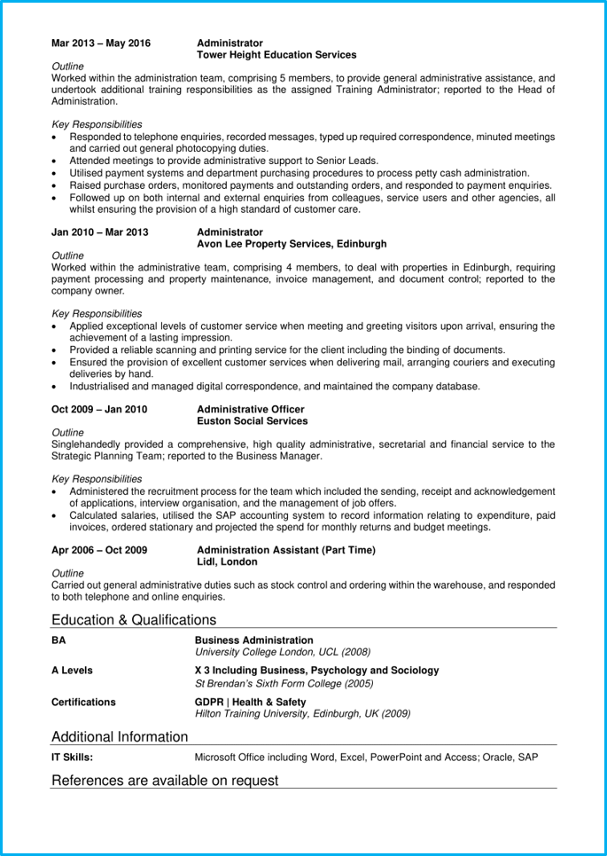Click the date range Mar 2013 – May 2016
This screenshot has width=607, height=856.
click(x=101, y=43)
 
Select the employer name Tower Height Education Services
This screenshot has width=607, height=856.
click(x=276, y=55)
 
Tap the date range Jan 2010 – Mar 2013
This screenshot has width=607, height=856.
click(x=100, y=232)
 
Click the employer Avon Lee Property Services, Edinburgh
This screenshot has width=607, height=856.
click(x=292, y=244)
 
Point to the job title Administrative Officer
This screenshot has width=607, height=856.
click(x=251, y=409)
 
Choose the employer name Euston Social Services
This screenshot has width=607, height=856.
click(x=253, y=421)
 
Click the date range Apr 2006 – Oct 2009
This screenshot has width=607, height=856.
click(x=99, y=550)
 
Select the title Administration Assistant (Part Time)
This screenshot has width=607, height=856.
click(x=285, y=550)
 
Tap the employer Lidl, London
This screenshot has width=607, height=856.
click(x=227, y=562)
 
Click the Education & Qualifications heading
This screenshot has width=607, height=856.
click(x=134, y=620)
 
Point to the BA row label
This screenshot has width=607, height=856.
click(x=59, y=640)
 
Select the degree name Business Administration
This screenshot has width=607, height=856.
click(x=253, y=640)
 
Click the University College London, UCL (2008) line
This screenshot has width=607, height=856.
click(x=283, y=653)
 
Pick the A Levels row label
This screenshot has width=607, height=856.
click(x=72, y=671)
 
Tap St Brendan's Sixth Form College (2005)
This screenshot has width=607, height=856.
click(x=284, y=684)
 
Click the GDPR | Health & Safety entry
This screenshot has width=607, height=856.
click(x=251, y=702)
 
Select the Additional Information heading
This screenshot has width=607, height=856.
click(x=120, y=736)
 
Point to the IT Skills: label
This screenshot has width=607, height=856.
click(x=72, y=758)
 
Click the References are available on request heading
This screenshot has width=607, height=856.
click(x=165, y=781)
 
